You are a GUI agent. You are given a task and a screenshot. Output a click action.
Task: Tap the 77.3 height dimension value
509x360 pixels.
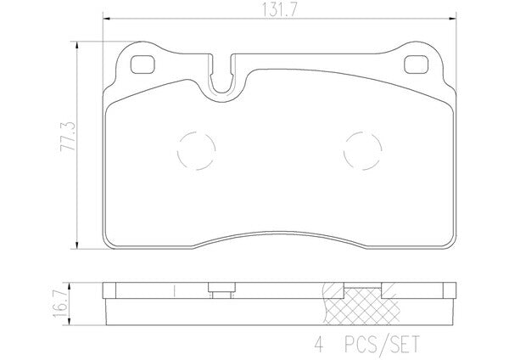pyautogui.click(x=68, y=136)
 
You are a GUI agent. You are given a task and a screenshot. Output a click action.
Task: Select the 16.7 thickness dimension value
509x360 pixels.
pyautogui.click(x=59, y=303)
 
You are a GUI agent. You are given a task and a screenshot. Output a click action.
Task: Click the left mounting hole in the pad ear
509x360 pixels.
pyautogui.click(x=143, y=65)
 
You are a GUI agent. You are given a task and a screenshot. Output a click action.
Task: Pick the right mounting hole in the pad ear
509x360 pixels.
pyautogui.click(x=416, y=65)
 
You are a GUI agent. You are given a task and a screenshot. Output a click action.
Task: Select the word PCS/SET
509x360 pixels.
pyautogui.click(x=382, y=345)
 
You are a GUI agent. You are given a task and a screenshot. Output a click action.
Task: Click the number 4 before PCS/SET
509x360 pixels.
pyautogui.click(x=319, y=345)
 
